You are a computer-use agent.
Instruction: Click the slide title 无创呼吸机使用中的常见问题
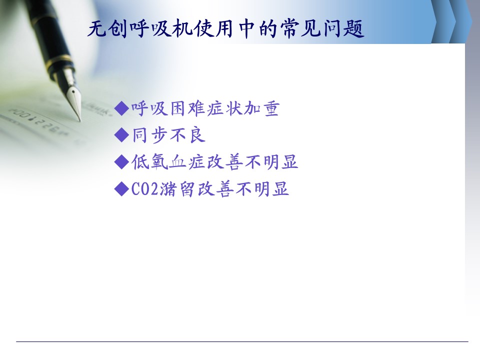tap(226, 29)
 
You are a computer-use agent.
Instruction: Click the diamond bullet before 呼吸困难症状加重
tap(121, 108)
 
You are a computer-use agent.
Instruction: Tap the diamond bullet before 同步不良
tap(121, 135)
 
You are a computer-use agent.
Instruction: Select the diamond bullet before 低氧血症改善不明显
tap(121, 162)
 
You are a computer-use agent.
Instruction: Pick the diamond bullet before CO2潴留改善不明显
tap(121, 188)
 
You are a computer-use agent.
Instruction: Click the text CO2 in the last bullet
tap(145, 189)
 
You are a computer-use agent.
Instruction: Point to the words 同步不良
tap(168, 135)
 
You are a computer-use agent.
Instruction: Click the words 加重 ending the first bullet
tap(261, 108)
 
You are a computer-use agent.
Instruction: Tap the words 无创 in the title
tap(107, 29)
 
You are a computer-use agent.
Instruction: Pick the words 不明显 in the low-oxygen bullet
tap(271, 162)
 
